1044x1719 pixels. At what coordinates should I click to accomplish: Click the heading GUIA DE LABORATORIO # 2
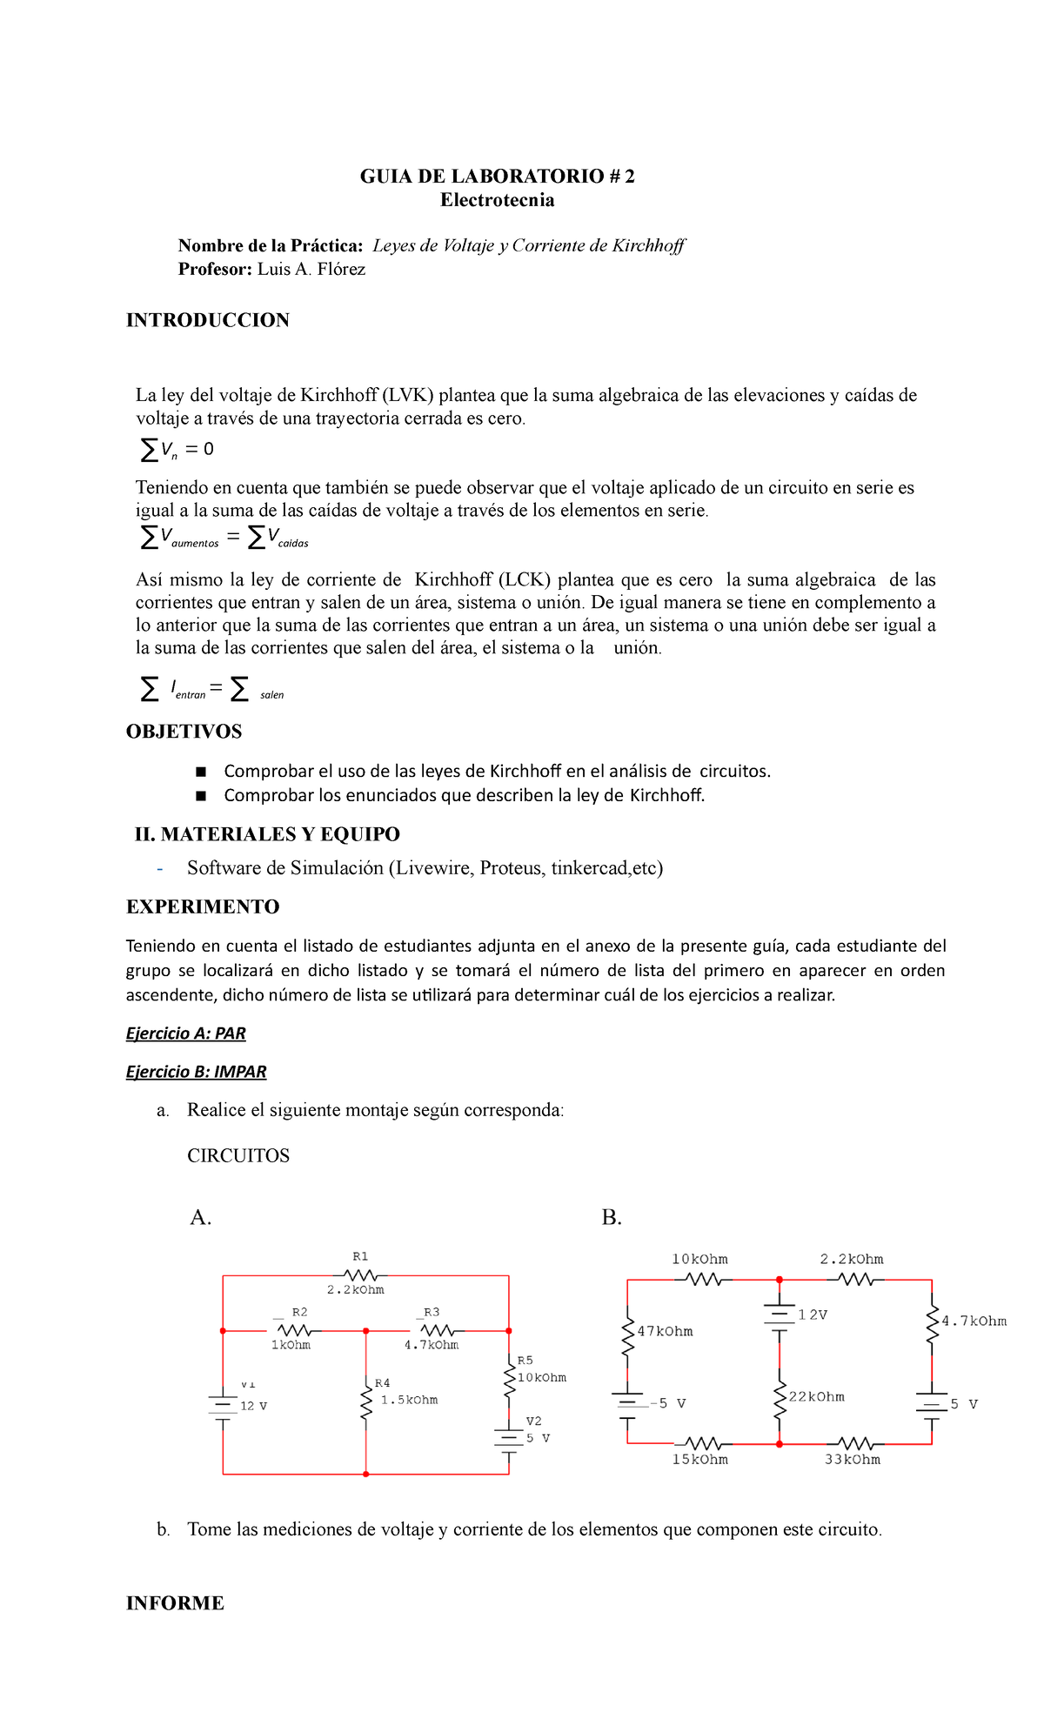497,177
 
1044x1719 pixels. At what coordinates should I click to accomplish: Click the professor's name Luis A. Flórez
311,270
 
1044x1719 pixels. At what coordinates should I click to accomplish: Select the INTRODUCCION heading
207,320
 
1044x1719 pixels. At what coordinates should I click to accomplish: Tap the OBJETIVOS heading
184,732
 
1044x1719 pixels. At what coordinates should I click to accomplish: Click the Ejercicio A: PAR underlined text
185,1033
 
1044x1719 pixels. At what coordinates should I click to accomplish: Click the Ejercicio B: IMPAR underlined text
196,1072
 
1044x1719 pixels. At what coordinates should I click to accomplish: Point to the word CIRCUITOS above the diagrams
238,1156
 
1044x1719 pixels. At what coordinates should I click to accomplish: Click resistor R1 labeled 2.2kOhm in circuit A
359,1275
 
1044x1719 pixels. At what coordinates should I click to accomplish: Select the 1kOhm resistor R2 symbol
294,1330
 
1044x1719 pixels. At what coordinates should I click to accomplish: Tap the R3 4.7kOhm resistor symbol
437,1330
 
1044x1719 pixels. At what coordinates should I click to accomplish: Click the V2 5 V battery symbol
509,1438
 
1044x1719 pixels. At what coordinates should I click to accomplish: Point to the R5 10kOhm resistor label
541,1377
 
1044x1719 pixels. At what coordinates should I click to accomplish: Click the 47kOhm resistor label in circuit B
665,1332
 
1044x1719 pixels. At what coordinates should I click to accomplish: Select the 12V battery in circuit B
780,1316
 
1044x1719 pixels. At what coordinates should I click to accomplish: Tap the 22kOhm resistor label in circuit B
816,1397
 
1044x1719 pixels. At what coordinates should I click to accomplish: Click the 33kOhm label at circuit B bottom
852,1460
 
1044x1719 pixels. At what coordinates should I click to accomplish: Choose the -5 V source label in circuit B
667,1403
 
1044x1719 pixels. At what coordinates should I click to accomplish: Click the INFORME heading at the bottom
175,1603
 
